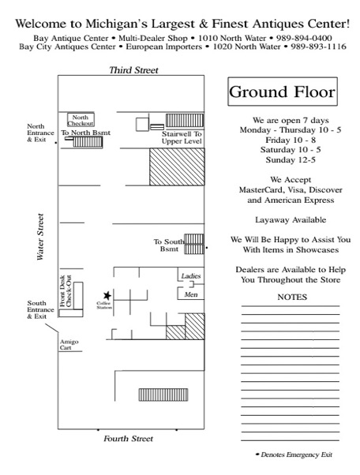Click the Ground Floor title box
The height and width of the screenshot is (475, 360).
(x=283, y=92)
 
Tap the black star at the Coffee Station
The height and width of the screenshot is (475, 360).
(x=107, y=295)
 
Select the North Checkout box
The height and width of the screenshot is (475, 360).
(x=81, y=120)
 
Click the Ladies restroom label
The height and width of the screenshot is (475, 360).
(x=191, y=276)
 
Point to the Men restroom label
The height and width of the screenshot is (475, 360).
(x=191, y=294)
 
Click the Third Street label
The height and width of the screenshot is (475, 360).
(x=133, y=70)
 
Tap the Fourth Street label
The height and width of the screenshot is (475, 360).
(x=128, y=439)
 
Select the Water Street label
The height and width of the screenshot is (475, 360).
(x=40, y=237)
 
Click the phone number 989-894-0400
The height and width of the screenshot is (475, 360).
(x=304, y=38)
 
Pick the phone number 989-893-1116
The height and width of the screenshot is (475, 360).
(x=318, y=47)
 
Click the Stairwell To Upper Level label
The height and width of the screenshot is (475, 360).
(x=182, y=137)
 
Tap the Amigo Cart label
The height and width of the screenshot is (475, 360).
(x=69, y=345)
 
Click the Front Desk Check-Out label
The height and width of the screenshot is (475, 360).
(x=66, y=291)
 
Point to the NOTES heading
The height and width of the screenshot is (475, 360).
(x=292, y=297)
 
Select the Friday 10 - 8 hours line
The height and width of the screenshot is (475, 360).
(x=291, y=140)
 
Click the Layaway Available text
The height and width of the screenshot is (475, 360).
(x=291, y=219)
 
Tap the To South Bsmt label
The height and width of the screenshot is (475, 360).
(x=169, y=245)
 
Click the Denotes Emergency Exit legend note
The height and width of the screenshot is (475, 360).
(x=294, y=454)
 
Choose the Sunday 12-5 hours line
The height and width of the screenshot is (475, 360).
(x=291, y=159)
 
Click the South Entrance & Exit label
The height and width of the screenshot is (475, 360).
(x=40, y=309)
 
